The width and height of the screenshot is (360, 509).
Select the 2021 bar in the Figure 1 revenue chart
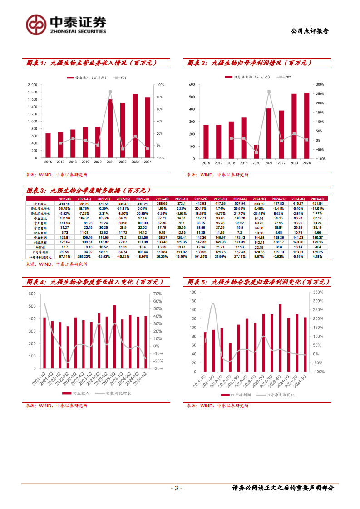pos(110,128)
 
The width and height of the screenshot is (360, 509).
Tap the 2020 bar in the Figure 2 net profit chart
pos(256,152)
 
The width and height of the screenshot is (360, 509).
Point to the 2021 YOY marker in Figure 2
pos(269,92)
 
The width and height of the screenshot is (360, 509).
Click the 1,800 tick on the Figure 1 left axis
pos(32,92)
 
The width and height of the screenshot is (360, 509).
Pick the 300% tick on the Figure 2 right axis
pos(320,85)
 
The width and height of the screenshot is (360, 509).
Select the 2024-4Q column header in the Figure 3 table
pos(317,198)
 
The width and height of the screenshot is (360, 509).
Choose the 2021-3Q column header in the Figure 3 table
pos(64,198)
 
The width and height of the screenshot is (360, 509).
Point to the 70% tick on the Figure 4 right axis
pos(158,294)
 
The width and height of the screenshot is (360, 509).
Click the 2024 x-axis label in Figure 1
pos(147,162)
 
